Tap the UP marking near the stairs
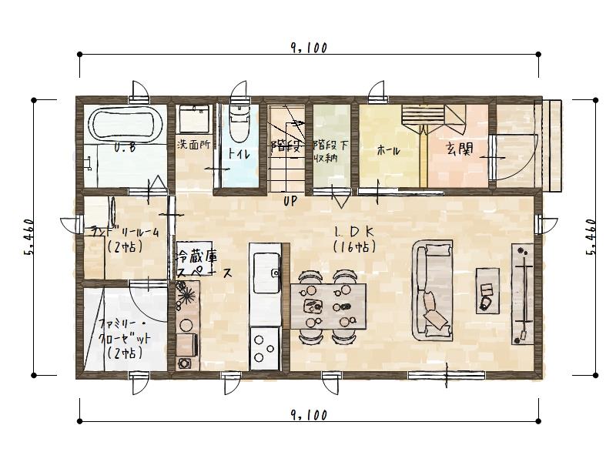290,202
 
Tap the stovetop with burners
266,346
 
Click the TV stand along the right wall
522,293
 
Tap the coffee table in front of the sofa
487,290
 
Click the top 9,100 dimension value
309,48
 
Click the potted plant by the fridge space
186,296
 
